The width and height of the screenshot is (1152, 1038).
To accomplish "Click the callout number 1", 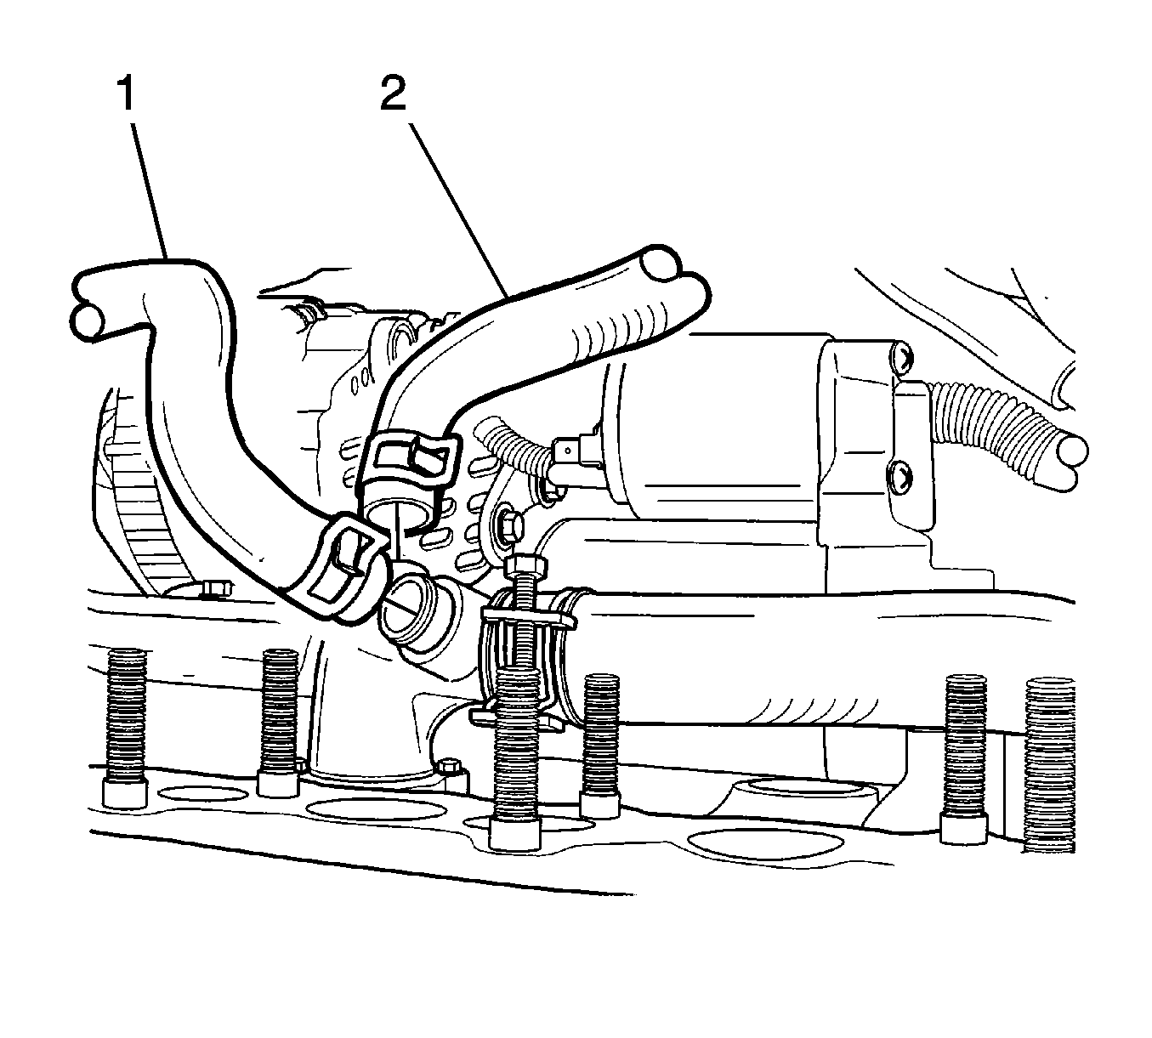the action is [126, 94].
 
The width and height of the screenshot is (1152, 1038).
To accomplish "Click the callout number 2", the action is [394, 94].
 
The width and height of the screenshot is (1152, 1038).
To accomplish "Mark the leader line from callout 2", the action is [457, 210].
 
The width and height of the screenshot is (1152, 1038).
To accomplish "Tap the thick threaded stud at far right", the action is [1050, 764].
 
